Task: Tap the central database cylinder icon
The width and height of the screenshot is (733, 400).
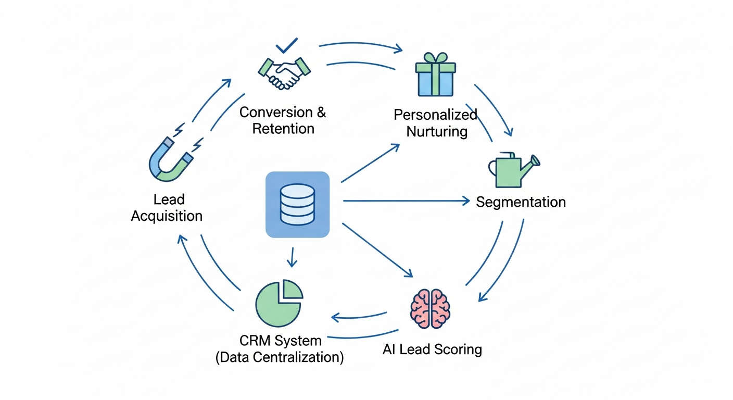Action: (x=297, y=204)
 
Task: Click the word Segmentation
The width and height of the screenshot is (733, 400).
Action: (x=521, y=202)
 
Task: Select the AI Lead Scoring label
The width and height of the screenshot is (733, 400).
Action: (x=432, y=349)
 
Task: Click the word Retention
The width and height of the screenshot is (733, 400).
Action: (x=283, y=128)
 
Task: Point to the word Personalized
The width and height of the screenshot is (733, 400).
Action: (x=435, y=115)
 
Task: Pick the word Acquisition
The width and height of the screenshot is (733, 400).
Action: (x=167, y=216)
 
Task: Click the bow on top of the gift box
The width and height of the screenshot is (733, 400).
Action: (x=435, y=57)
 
